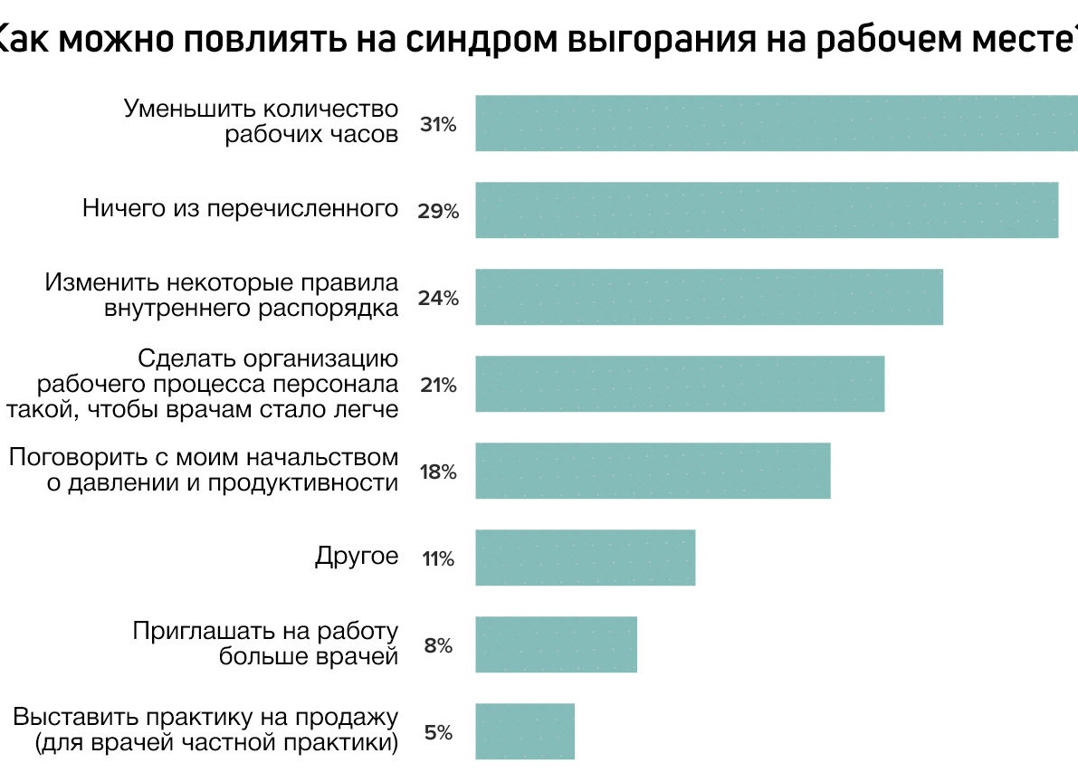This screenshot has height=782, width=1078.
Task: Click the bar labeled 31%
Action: click(777, 123)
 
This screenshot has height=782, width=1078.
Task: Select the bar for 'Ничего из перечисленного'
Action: click(767, 210)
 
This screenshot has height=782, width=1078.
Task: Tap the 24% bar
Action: click(709, 297)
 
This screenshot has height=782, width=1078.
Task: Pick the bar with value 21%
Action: click(680, 384)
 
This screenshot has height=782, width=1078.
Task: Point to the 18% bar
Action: click(653, 471)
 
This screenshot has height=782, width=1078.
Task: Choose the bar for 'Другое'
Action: click(585, 558)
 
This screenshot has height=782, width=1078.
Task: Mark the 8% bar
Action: click(556, 644)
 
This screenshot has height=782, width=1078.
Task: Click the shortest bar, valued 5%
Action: click(525, 731)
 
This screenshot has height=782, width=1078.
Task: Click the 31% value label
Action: click(438, 125)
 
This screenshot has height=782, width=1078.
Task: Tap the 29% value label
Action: click(438, 212)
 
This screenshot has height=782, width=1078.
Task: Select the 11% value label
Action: click(438, 559)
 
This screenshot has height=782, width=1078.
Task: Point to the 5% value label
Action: click(438, 733)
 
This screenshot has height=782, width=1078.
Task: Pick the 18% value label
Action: click(438, 472)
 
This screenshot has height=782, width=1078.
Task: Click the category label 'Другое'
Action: click(357, 556)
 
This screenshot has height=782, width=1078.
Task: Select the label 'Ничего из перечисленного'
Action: click(241, 209)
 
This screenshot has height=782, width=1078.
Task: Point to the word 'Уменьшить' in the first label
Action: click(187, 110)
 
